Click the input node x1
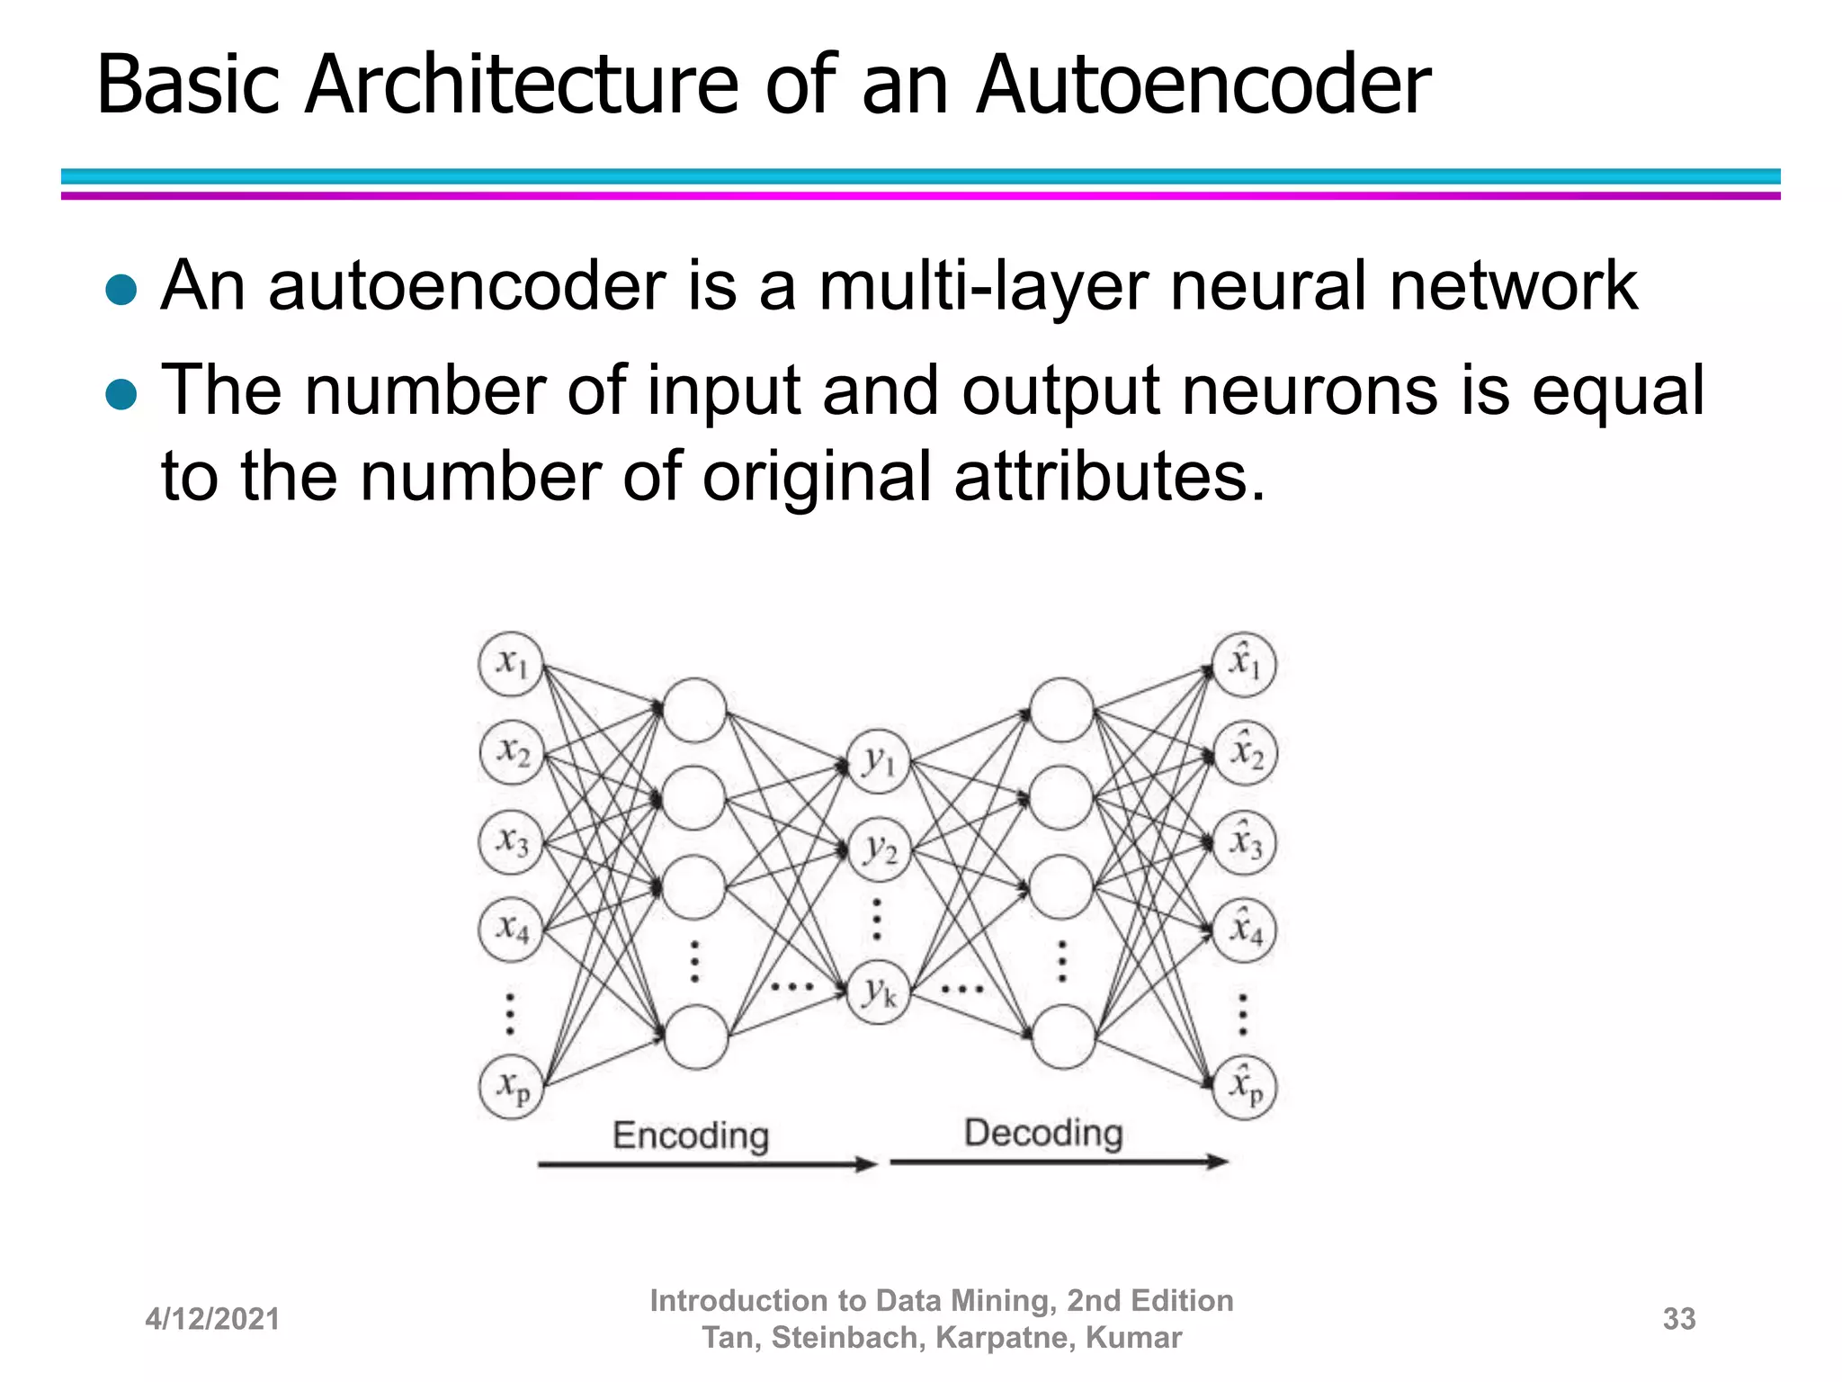[x=511, y=664]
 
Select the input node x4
[x=511, y=928]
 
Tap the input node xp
[x=511, y=1086]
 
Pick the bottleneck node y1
[x=879, y=761]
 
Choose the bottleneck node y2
[x=879, y=848]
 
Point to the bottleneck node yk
[x=879, y=992]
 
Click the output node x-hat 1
[x=1245, y=664]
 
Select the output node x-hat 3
[x=1245, y=842]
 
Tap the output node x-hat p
[x=1245, y=1086]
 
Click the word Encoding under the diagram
[x=691, y=1135]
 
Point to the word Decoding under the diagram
[x=1043, y=1133]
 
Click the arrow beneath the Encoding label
[x=707, y=1164]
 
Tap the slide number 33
[x=1679, y=1319]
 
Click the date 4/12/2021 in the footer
[x=212, y=1319]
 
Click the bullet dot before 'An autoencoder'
[x=121, y=290]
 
